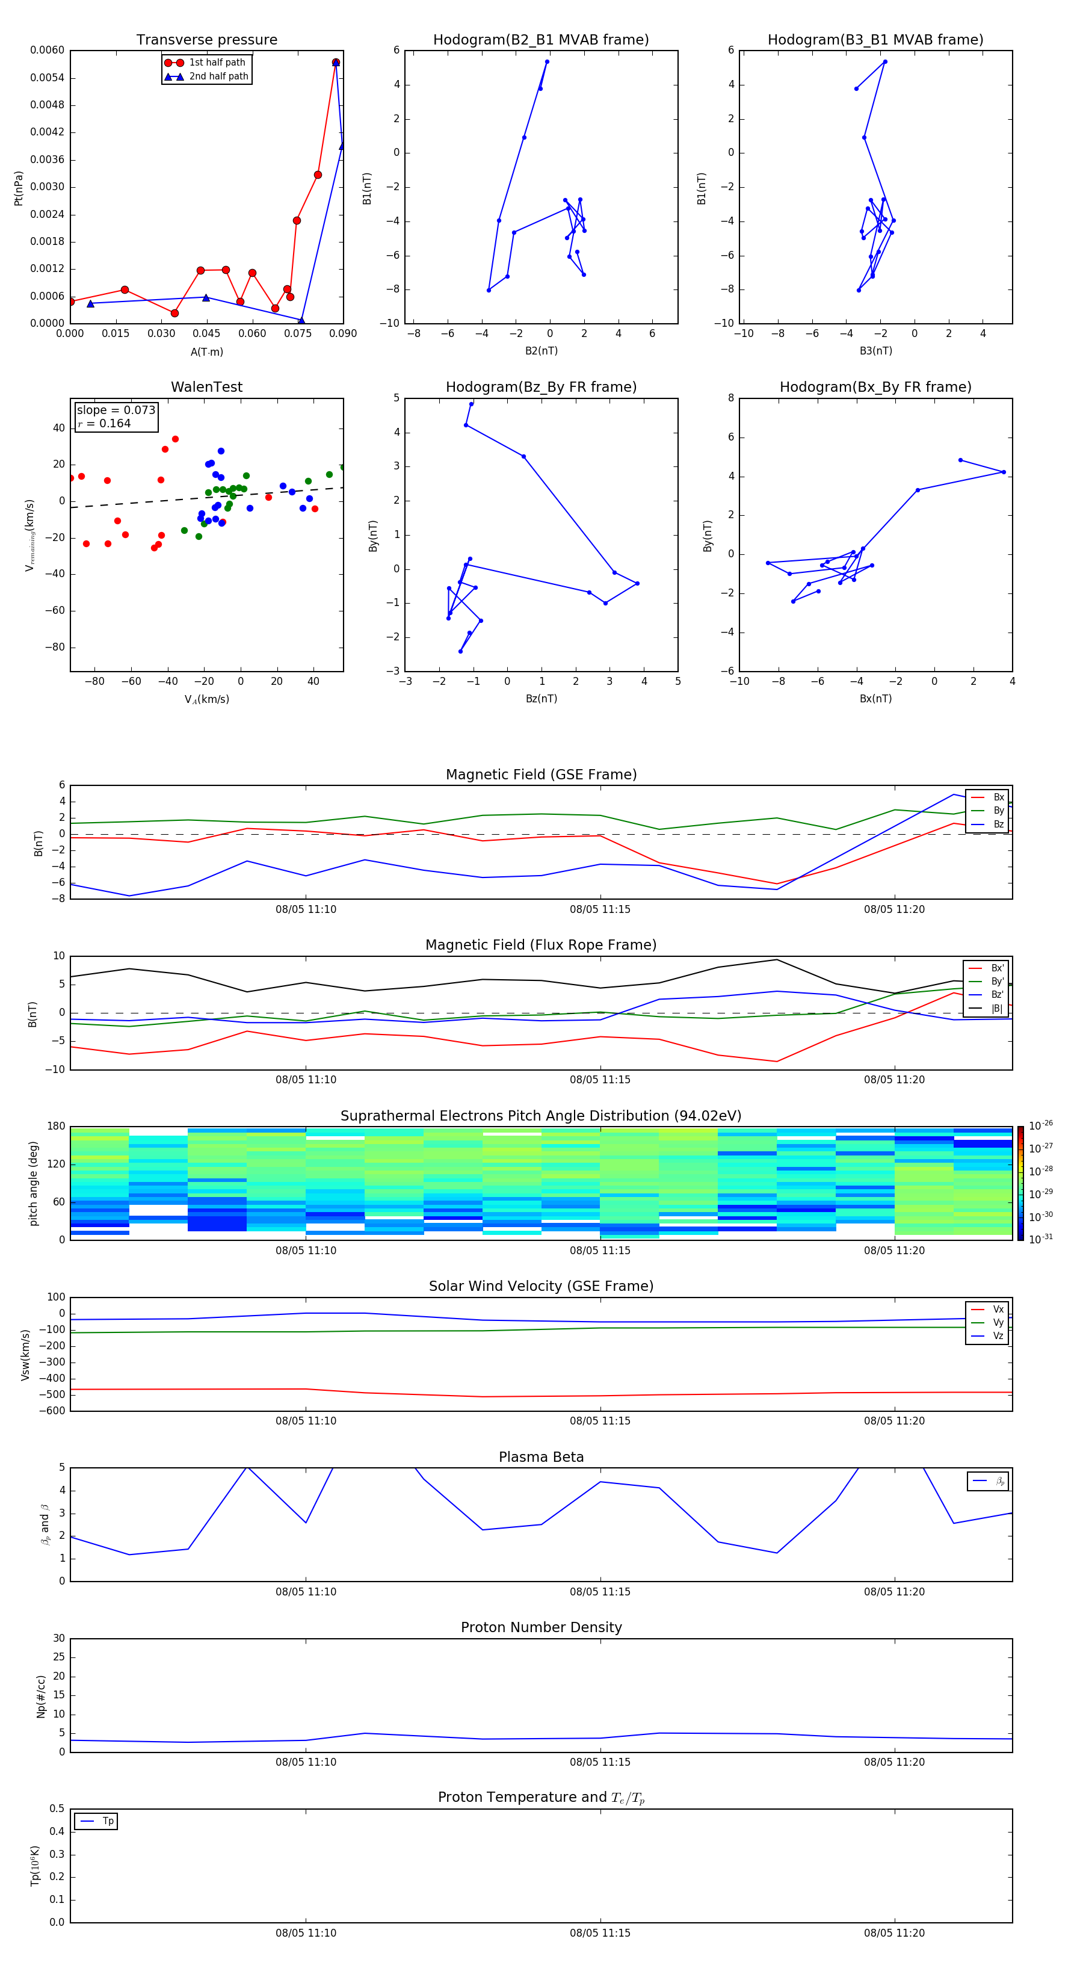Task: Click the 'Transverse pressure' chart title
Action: (206, 40)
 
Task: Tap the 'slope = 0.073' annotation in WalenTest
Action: (116, 410)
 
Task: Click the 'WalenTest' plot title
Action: (206, 387)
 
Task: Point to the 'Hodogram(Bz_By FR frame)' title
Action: (541, 387)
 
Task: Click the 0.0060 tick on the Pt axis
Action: (47, 50)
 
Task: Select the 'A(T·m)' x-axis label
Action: (206, 352)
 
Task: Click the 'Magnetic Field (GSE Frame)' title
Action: (541, 775)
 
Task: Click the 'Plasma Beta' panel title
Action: (541, 1457)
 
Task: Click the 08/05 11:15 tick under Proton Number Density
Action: (600, 1762)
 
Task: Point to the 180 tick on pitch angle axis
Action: (57, 1127)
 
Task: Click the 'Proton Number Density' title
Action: (541, 1627)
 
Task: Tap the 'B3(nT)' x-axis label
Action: (875, 351)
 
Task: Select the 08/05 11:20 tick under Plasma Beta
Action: (894, 1591)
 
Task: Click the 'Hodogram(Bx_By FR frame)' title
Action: (875, 387)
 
